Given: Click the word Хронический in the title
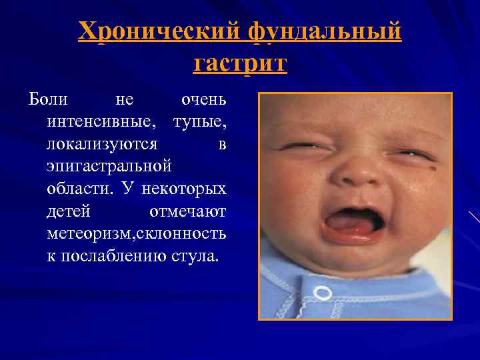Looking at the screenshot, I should [x=161, y=31].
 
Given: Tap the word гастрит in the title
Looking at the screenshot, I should [x=240, y=65].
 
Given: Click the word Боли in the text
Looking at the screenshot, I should [x=48, y=100].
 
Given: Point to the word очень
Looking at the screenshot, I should [x=204, y=100].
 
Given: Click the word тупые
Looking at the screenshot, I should [x=199, y=123].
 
